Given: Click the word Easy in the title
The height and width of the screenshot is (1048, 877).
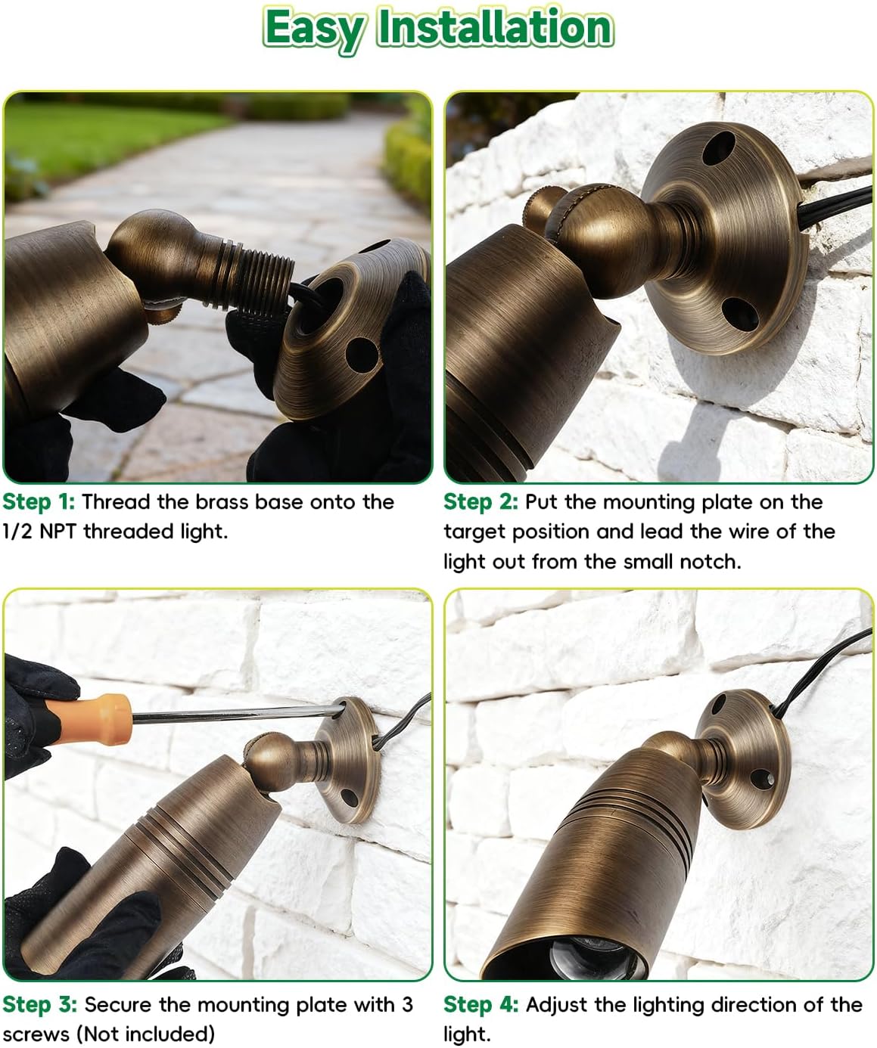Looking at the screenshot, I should pyautogui.click(x=313, y=29).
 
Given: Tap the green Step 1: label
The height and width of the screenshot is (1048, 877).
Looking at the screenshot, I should pyautogui.click(x=39, y=502).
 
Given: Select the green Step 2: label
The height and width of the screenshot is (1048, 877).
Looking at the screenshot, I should pyautogui.click(x=480, y=502).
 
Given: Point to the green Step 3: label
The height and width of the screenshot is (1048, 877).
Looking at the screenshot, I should pyautogui.click(x=39, y=1004).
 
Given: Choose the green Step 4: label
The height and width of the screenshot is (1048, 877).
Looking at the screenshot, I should pyautogui.click(x=480, y=1004).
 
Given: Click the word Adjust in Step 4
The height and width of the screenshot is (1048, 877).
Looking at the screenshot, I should pyautogui.click(x=557, y=1004).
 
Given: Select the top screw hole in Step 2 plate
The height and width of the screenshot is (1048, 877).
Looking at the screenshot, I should pyautogui.click(x=718, y=150).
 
